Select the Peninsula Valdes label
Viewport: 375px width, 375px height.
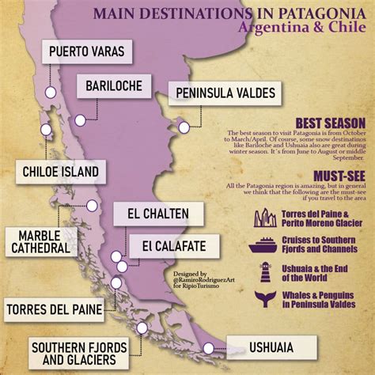225,93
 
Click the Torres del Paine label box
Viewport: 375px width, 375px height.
55,309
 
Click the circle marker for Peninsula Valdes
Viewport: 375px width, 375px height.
183,127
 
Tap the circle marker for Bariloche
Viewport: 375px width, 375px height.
80,121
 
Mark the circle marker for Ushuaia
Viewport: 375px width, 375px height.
209,347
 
